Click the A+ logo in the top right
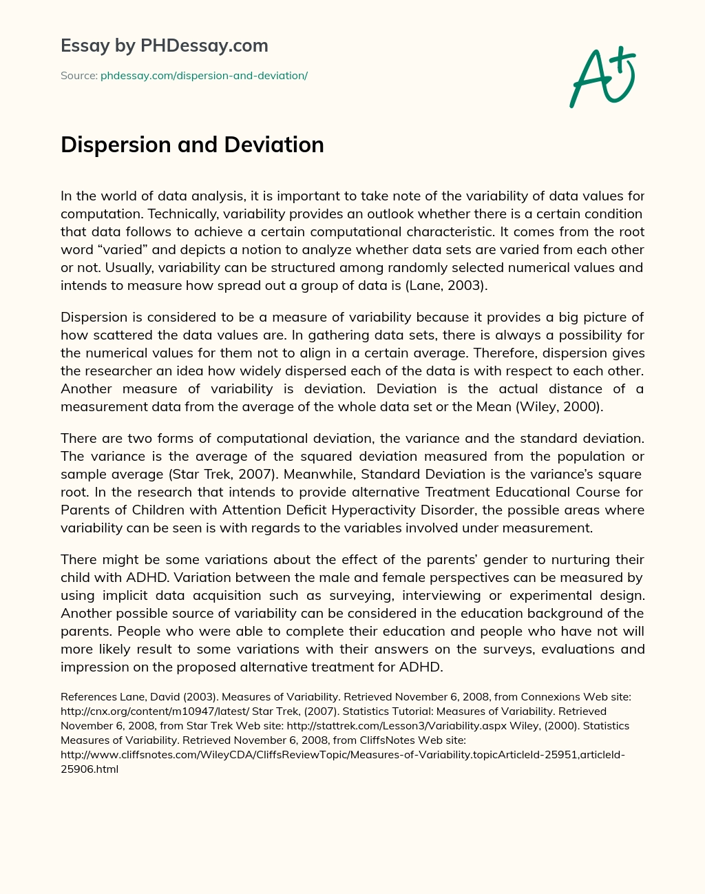(602, 77)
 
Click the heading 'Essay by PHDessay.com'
(164, 45)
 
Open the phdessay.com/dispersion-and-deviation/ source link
(204, 76)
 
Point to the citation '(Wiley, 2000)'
(559, 406)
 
